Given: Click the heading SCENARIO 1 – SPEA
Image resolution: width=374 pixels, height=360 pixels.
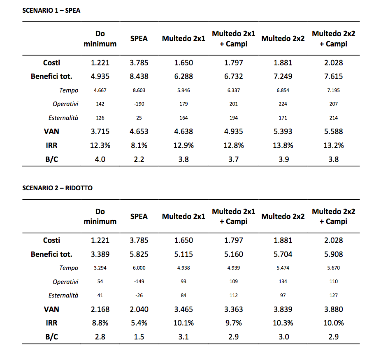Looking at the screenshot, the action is point(51,11).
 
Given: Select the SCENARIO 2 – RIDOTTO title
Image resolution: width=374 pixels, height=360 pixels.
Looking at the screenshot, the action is point(57,188).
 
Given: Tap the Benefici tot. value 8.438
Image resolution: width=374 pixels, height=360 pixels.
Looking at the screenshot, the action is point(139,76).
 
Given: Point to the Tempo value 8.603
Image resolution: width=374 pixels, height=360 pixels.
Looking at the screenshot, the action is point(139,90).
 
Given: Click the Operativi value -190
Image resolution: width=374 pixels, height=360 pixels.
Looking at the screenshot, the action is point(139,104).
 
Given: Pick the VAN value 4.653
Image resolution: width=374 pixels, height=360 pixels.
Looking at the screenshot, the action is point(139,131).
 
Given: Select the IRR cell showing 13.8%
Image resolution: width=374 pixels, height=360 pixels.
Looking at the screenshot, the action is point(283,145).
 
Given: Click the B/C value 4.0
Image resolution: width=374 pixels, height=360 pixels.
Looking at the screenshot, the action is point(100,159).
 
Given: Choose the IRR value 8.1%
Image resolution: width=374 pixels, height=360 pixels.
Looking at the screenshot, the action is point(139,145).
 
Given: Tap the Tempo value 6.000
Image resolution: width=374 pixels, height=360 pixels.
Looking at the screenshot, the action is point(139,268).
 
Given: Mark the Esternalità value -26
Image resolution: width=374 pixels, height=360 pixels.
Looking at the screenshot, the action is point(139,295).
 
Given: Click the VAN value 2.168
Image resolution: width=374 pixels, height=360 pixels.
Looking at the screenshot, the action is point(100,309).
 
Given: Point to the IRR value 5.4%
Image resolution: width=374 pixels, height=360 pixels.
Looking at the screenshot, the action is point(139,323).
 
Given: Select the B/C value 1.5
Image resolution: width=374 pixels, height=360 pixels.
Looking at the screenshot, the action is point(139,337).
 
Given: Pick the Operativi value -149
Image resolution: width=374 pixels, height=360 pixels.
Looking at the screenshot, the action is point(139,282).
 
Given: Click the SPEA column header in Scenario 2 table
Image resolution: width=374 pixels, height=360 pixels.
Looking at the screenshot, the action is point(139,216).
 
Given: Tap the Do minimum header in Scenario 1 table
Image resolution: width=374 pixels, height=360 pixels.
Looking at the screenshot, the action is point(100,39).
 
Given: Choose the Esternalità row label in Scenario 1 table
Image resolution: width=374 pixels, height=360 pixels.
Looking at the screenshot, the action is point(63,118).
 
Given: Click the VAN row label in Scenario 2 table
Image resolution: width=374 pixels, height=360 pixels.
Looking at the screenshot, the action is point(51,309).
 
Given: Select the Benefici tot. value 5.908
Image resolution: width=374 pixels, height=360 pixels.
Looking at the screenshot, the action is point(333,254).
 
